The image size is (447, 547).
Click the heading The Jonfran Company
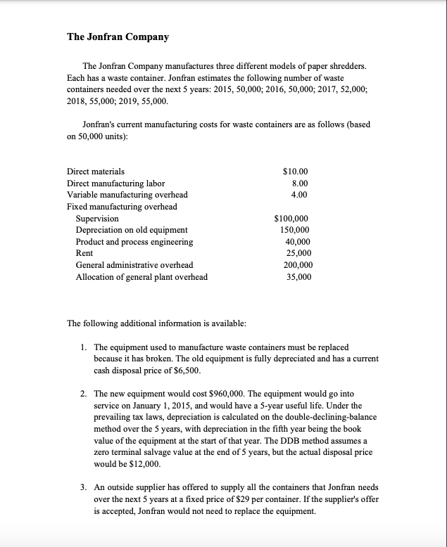pyautogui.click(x=118, y=37)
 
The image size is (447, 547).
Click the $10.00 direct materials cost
pyautogui.click(x=295, y=171)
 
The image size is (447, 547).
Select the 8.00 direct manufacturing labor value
pyautogui.click(x=298, y=183)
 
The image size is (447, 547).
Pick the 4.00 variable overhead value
pyautogui.click(x=298, y=195)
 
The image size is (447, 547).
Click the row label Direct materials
pyautogui.click(x=96, y=171)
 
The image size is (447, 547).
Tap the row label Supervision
pyautogui.click(x=97, y=219)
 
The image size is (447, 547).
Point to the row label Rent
pyautogui.click(x=84, y=253)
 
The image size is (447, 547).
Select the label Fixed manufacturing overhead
pyautogui.click(x=122, y=207)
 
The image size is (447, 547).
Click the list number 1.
pyautogui.click(x=84, y=347)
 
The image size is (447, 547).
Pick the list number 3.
pyautogui.click(x=84, y=487)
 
